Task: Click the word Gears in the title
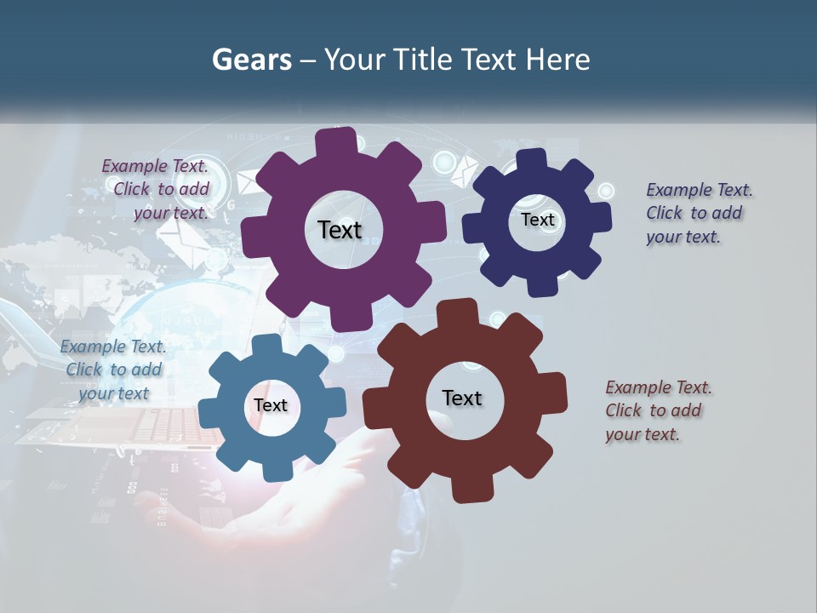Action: click(x=251, y=60)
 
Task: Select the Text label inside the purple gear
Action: click(x=340, y=230)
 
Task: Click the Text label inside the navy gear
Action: click(x=537, y=220)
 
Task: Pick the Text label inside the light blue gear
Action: click(x=271, y=405)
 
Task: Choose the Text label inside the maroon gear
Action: click(x=462, y=398)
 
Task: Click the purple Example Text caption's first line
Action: click(x=155, y=166)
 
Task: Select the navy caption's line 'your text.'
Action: click(x=683, y=238)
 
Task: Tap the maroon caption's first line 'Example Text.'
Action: click(x=659, y=387)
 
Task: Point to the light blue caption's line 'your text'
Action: click(x=113, y=393)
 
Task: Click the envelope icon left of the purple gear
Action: click(x=248, y=181)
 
